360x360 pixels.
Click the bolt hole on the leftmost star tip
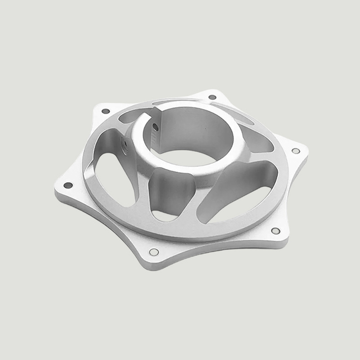pyautogui.click(x=68, y=185)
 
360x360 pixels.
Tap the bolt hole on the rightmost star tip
pyautogui.click(x=296, y=151)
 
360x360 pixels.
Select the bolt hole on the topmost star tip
pyautogui.click(x=212, y=97)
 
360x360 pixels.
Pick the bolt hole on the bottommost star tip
pyautogui.click(x=154, y=251)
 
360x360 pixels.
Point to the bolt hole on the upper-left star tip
pyautogui.click(x=105, y=111)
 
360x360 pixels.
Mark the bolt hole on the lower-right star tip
pyautogui.click(x=276, y=231)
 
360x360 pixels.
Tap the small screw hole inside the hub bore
pyautogui.click(x=155, y=128)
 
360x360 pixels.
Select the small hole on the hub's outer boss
pyautogui.click(x=125, y=145)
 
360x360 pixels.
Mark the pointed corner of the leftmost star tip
pyautogui.click(x=56, y=191)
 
